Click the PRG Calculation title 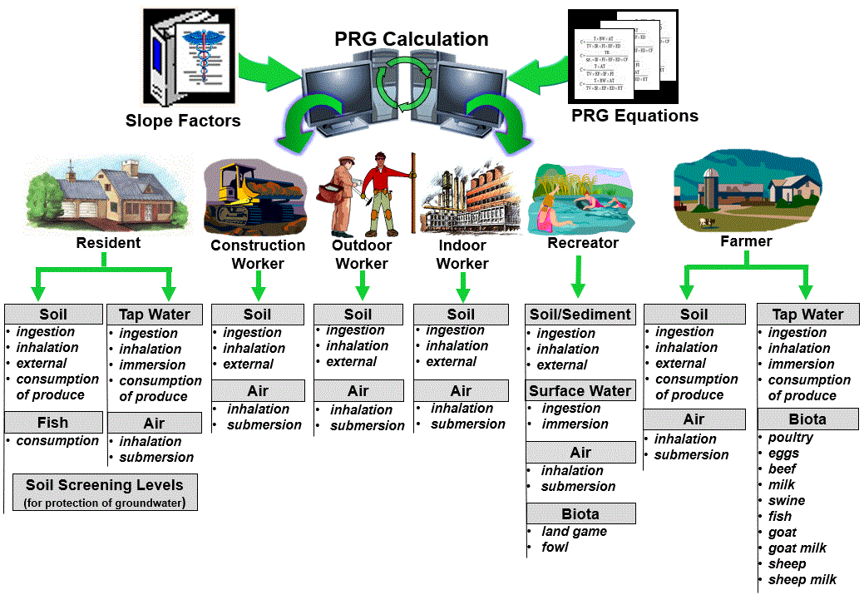[412, 39]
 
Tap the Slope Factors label [183, 121]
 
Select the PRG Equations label [634, 116]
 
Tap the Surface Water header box [580, 390]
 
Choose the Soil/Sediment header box [580, 315]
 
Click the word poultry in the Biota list [791, 438]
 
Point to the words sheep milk [802, 579]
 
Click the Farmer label [746, 241]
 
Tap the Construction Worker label [258, 254]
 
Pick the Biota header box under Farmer [807, 419]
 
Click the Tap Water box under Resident [155, 315]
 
